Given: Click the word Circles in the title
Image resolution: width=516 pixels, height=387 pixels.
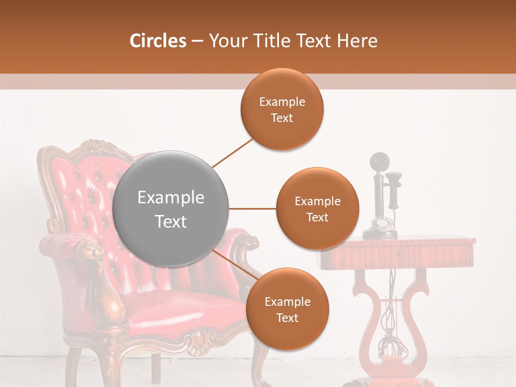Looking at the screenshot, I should point(158,41).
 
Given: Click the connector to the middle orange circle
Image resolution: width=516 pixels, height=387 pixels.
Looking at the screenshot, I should point(252,209).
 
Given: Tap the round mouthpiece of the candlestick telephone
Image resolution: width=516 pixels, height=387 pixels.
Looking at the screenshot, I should point(379,161).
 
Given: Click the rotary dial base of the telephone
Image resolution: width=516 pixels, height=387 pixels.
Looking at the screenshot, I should point(381,225).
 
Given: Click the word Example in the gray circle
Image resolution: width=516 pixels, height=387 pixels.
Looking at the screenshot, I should point(170,198).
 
